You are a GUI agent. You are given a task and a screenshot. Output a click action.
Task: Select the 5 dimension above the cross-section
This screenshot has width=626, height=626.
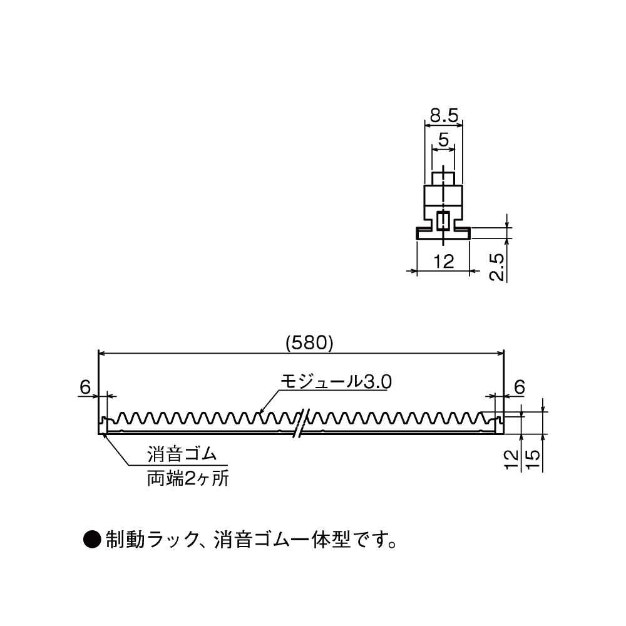point(443,140)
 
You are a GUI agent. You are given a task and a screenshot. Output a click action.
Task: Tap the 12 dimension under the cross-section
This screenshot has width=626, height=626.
point(443,262)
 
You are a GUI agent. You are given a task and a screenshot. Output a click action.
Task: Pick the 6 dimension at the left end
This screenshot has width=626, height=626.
point(85,387)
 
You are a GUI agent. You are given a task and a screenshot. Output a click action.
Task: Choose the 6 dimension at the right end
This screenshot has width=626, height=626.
point(519,387)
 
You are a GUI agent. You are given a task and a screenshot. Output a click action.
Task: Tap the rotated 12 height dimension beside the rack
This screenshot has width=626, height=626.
point(513,458)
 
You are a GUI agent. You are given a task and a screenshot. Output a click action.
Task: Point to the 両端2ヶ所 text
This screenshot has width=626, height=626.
point(187,480)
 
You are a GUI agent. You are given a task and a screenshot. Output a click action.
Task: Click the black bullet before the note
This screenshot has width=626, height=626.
point(92,538)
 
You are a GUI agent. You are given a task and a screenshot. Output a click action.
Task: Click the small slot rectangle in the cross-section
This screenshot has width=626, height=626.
point(443,220)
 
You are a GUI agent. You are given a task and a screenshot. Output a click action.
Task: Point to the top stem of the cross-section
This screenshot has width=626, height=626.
point(443,178)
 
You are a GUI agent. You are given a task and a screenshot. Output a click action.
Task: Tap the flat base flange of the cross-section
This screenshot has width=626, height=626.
point(443,233)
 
